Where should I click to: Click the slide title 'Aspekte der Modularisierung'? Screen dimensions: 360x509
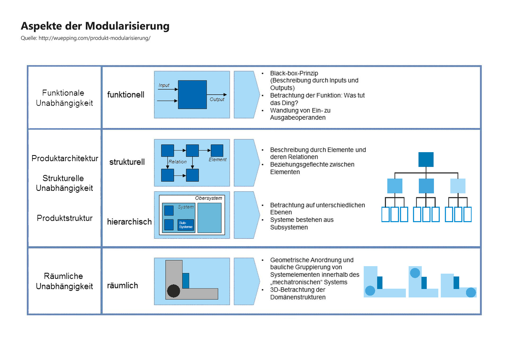pos(95,26)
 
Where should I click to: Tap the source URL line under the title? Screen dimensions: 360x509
pos(85,38)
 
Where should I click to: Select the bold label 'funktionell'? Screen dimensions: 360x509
pos(126,95)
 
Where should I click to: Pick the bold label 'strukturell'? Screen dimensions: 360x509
pos(127,162)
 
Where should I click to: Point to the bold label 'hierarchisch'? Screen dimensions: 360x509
pos(129,222)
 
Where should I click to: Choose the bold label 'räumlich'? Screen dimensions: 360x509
pos(122,286)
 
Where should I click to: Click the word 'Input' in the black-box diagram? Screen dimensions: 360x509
pos(164,85)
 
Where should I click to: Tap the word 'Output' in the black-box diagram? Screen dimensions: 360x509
pos(217,99)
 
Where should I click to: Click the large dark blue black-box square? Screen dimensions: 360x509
pos(192,95)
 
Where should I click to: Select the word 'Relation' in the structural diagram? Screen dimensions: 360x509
pos(177,162)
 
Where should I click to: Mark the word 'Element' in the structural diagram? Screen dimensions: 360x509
pos(217,160)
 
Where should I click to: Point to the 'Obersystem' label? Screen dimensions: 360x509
pos(208,198)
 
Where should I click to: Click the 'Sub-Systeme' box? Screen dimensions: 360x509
pos(186,225)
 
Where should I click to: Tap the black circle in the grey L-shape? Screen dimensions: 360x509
pos(174,291)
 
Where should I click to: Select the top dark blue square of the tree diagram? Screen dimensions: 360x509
pos(426,159)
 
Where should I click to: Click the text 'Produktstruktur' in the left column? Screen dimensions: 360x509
pos(64,218)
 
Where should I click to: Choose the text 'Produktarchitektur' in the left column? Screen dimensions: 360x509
pos(65,158)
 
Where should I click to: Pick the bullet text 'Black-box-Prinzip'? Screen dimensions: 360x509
pos(294,73)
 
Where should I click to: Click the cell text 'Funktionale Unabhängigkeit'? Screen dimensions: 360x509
pos(64,98)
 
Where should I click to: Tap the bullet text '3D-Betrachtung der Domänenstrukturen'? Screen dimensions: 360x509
pos(298,293)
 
